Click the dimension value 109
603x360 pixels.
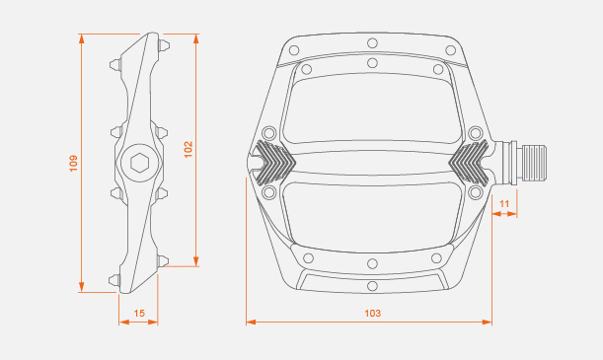[x=73, y=164]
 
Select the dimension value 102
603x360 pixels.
[x=188, y=150]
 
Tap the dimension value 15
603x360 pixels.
[x=139, y=314]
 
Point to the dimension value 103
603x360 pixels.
[x=373, y=313]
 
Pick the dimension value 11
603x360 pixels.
[x=504, y=203]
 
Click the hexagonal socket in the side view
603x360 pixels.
[x=139, y=164]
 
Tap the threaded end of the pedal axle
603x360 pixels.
[x=533, y=164]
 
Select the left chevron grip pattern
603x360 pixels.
[x=275, y=162]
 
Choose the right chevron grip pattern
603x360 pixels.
[x=469, y=162]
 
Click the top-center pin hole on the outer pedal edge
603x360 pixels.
[x=372, y=42]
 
